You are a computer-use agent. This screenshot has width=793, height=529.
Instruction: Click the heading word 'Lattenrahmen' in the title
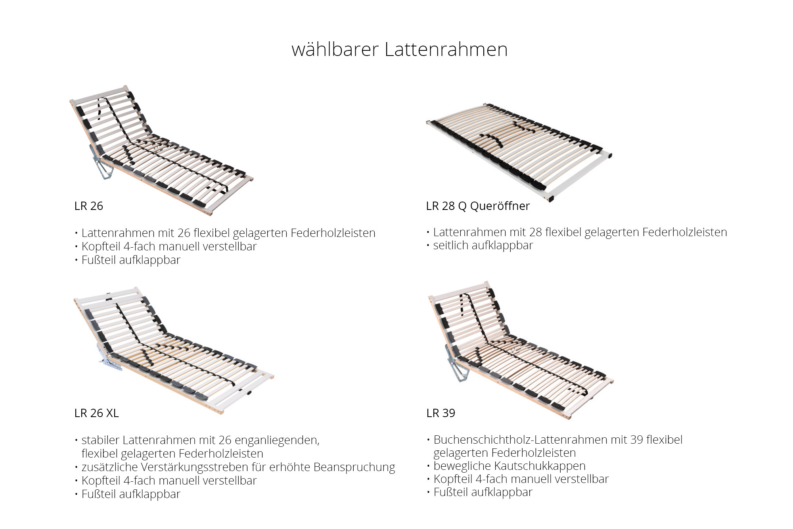[x=446, y=50]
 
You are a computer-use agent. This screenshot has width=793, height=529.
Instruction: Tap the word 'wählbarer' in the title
[x=335, y=50]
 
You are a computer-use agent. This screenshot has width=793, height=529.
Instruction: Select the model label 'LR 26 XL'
[x=96, y=413]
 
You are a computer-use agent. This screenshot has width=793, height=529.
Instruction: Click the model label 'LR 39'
[x=441, y=413]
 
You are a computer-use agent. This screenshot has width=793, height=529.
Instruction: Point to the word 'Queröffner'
[x=500, y=206]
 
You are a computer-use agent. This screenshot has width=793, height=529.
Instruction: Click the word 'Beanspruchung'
[x=354, y=467]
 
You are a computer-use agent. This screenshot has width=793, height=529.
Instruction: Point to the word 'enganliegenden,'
[x=277, y=440]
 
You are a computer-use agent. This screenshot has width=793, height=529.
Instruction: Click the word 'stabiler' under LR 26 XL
[x=100, y=440]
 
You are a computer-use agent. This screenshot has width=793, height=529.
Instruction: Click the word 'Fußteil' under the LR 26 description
[x=99, y=260]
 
